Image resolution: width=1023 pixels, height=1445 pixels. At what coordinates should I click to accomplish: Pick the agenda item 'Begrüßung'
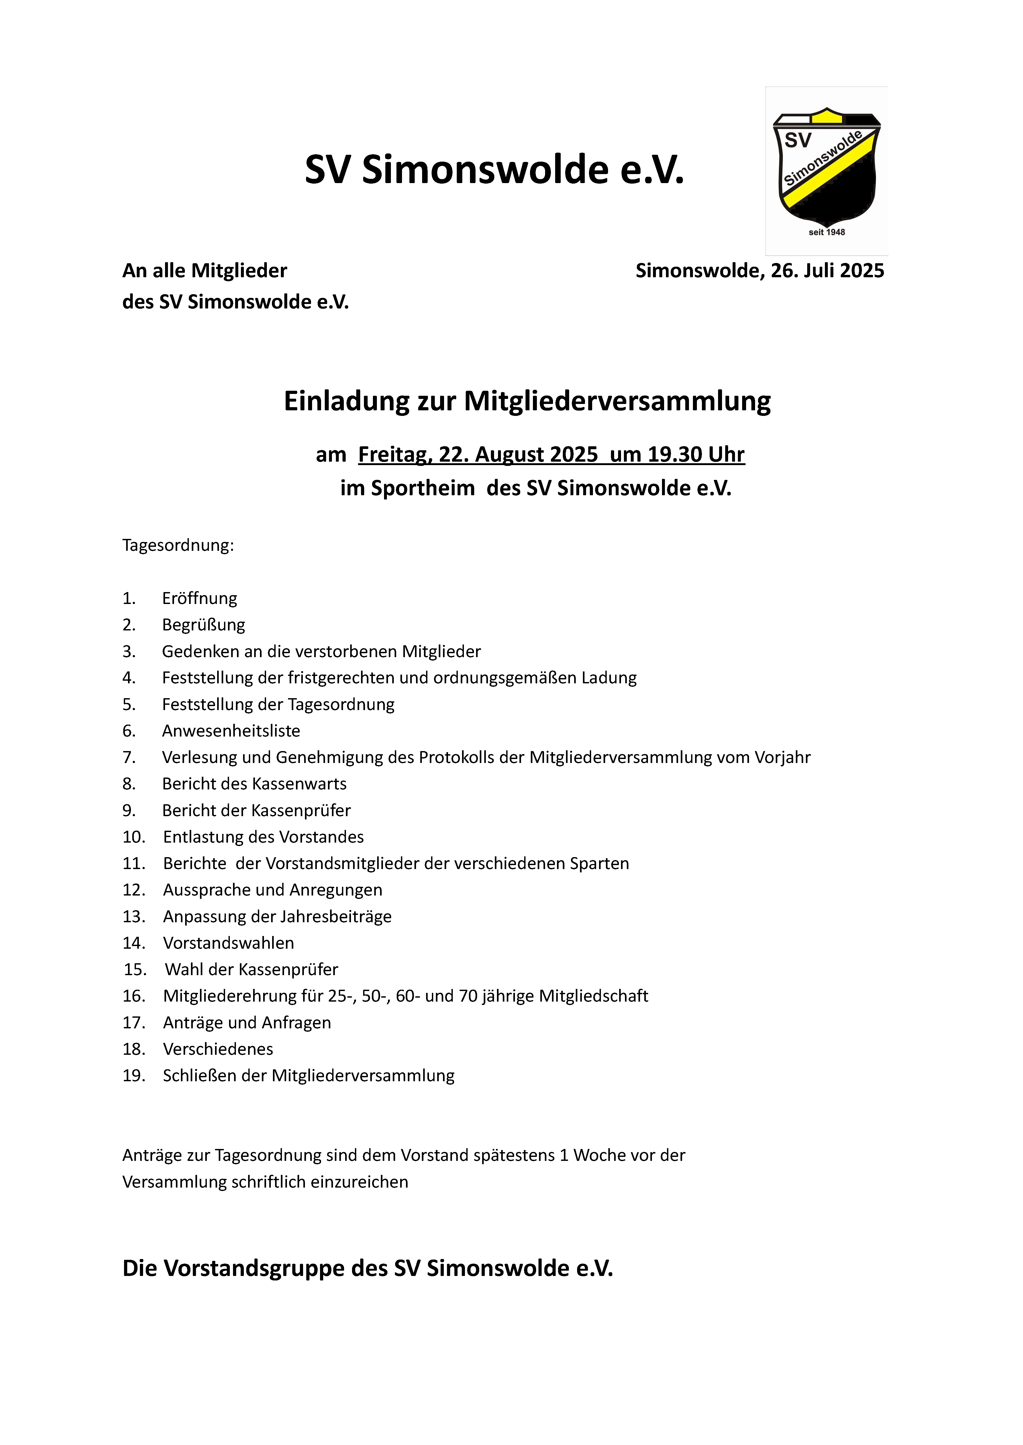203,625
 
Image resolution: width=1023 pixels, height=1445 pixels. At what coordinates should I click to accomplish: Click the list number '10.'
134,837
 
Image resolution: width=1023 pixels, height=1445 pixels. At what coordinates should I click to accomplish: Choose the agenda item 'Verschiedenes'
218,1049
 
